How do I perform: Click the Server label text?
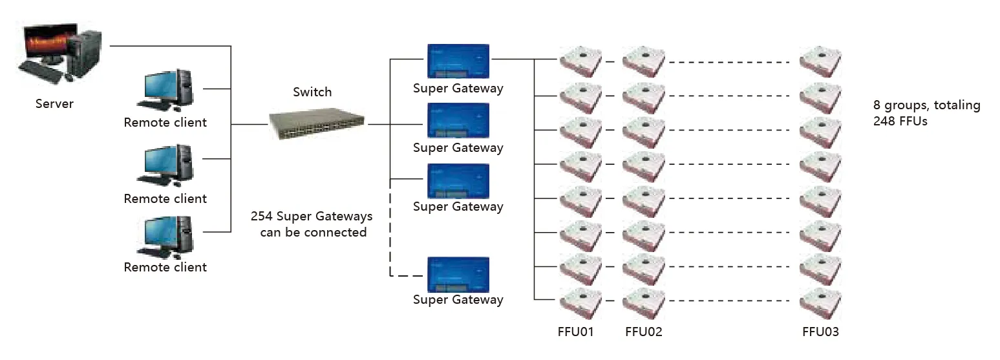[x=54, y=104]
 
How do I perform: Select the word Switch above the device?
[x=312, y=92]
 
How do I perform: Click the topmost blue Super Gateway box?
[x=458, y=61]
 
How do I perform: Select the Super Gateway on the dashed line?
[x=458, y=275]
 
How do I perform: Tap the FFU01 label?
[x=575, y=332]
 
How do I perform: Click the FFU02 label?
[x=644, y=332]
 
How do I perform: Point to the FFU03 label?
[x=820, y=332]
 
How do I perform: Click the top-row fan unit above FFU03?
[x=820, y=61]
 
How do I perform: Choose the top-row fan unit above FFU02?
[x=644, y=61]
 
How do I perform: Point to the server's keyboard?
[x=41, y=69]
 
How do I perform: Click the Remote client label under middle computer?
[x=165, y=199]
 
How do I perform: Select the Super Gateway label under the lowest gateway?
[x=458, y=300]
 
